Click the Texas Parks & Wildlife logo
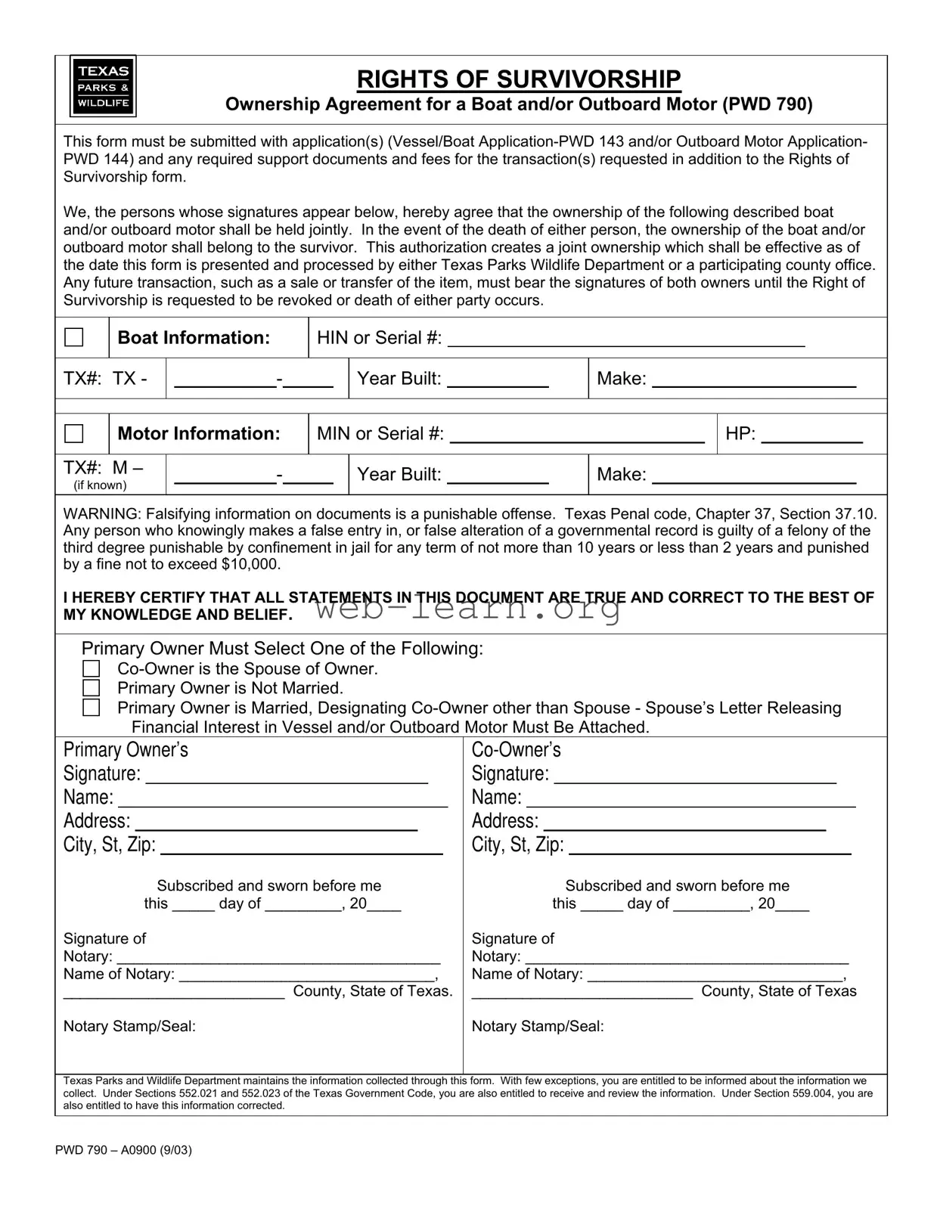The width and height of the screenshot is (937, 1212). click(103, 86)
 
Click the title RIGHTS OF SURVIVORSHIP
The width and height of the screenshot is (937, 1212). click(518, 79)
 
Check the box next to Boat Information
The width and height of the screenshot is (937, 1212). click(74, 337)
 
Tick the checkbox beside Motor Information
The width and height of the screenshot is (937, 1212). click(74, 433)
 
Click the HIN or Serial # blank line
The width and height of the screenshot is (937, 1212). click(626, 340)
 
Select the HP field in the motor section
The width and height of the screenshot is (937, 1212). click(811, 436)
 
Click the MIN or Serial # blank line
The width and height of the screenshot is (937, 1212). click(577, 436)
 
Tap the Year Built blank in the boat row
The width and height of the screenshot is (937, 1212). click(498, 381)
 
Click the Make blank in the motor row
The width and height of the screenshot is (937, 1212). click(754, 477)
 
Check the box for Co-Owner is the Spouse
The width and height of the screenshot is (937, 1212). click(92, 668)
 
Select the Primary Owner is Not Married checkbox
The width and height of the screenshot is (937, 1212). click(92, 688)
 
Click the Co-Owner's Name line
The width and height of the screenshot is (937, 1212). click(690, 801)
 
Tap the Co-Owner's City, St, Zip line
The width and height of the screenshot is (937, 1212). click(709, 848)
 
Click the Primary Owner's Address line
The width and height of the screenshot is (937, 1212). click(276, 825)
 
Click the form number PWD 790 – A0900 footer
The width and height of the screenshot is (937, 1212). click(123, 1150)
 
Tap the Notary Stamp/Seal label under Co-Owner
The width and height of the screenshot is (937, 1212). click(538, 1026)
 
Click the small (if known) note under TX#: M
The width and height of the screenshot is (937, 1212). click(100, 485)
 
